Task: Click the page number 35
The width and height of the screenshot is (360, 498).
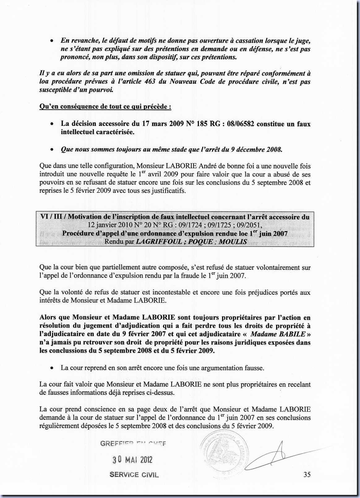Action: tap(307, 474)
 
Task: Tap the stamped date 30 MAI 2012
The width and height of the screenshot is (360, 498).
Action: tap(132, 460)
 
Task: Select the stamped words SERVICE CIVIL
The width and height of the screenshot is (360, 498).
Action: tap(134, 475)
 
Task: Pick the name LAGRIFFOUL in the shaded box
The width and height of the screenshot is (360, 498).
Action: tap(159, 242)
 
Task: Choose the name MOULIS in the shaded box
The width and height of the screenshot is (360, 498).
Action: tap(233, 242)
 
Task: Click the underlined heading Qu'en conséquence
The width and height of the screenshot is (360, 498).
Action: tap(105, 107)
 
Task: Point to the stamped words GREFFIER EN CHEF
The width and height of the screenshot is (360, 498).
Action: tap(133, 444)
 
